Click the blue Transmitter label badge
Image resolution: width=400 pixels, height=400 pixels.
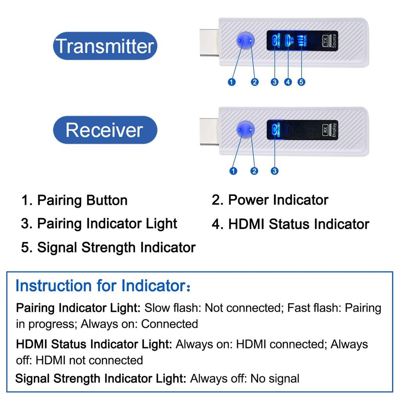105,46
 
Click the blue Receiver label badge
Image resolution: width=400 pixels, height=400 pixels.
105,130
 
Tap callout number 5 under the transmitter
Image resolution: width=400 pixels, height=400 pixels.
301,82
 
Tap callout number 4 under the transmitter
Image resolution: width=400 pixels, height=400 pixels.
288,82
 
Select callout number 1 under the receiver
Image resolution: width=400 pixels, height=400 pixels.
234,171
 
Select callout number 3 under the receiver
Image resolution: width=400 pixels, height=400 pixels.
275,171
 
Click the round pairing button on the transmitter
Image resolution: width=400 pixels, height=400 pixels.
245,41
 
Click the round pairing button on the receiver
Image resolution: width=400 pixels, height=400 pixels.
245,129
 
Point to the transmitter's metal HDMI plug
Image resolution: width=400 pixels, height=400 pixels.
209,42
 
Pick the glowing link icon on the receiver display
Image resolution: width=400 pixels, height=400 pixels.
275,129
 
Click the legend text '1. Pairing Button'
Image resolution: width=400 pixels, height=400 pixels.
74,201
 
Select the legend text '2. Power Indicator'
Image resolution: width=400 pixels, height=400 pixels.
270,200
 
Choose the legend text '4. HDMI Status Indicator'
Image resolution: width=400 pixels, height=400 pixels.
290,224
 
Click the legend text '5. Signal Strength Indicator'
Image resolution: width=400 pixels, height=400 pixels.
108,248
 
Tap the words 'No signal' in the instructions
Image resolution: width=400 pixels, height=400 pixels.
275,379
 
